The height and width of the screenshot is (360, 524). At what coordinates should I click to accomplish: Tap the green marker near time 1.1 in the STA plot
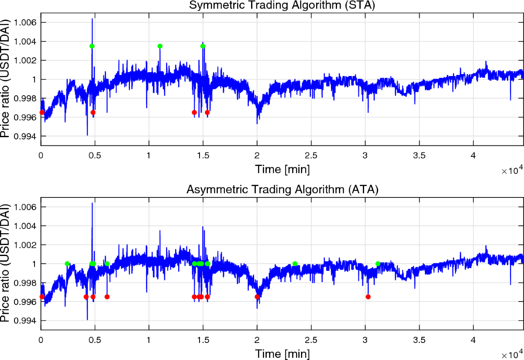click(x=160, y=46)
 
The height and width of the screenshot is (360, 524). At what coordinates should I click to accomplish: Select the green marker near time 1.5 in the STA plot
click(x=203, y=46)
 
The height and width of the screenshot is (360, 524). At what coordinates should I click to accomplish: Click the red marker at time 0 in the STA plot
click(x=42, y=112)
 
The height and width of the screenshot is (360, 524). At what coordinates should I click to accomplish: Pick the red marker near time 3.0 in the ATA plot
click(x=368, y=297)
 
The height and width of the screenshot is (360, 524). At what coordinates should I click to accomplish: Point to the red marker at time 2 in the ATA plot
click(x=257, y=297)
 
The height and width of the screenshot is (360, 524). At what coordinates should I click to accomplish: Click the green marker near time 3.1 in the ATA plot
click(x=378, y=263)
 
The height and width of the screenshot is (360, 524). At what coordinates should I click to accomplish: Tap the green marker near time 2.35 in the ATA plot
click(x=295, y=263)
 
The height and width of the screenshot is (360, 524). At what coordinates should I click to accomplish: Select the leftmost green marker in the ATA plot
click(x=67, y=263)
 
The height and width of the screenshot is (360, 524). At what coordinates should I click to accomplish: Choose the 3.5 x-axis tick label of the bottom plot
click(x=419, y=340)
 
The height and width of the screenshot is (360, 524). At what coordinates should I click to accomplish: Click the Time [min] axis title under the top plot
click(x=283, y=168)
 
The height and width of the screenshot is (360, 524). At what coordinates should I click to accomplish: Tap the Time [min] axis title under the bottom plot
click(x=283, y=353)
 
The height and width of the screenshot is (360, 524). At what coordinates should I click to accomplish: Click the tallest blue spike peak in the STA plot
click(x=92, y=19)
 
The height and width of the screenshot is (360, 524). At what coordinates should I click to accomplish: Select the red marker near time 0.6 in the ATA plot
click(x=107, y=297)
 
